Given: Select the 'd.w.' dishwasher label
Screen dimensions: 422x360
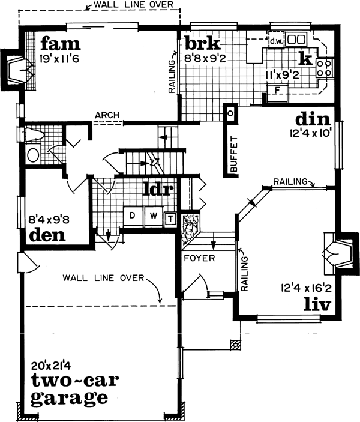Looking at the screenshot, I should (x=275, y=41).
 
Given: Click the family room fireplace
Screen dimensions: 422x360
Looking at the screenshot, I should (x=16, y=70).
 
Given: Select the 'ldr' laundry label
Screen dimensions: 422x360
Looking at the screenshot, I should (x=159, y=190).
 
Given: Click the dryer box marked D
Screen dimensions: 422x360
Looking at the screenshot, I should (x=133, y=216).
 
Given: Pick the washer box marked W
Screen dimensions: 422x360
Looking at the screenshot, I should (x=152, y=216).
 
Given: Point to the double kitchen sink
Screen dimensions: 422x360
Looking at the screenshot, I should (x=295, y=40).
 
